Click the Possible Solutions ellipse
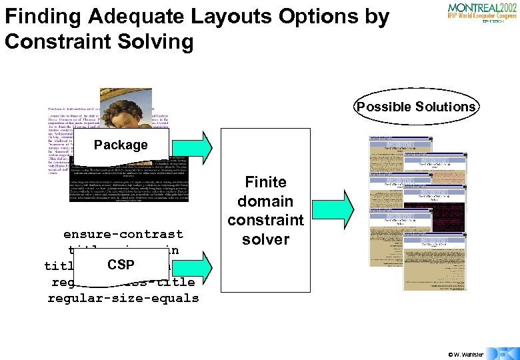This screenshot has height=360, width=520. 416,107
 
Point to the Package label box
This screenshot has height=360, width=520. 121,145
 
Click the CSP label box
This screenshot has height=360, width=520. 121,265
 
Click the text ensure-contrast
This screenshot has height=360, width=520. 123,234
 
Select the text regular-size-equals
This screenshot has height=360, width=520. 123,297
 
